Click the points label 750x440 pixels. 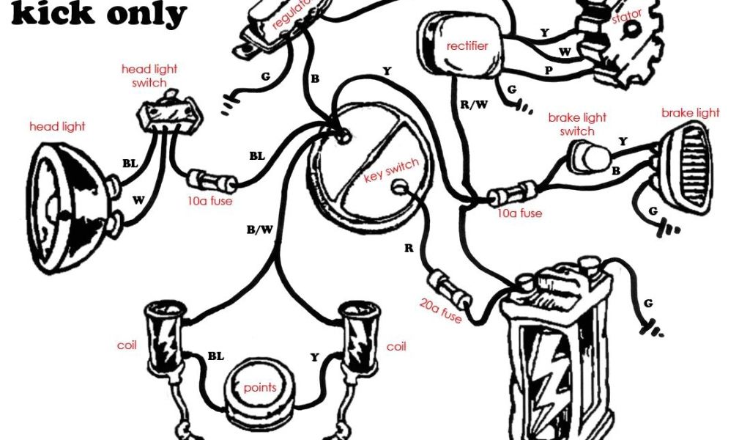[260, 387]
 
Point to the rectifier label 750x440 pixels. [467, 46]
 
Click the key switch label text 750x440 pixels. [391, 170]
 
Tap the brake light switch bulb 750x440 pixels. [589, 156]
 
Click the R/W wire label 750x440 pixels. [474, 104]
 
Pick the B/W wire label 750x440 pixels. [260, 230]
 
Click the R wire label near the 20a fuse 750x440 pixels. [409, 248]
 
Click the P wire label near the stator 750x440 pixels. [549, 70]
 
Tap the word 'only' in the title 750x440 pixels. [146, 13]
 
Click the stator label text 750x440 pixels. [626, 18]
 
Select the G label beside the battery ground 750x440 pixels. [648, 303]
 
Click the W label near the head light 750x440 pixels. [138, 199]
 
